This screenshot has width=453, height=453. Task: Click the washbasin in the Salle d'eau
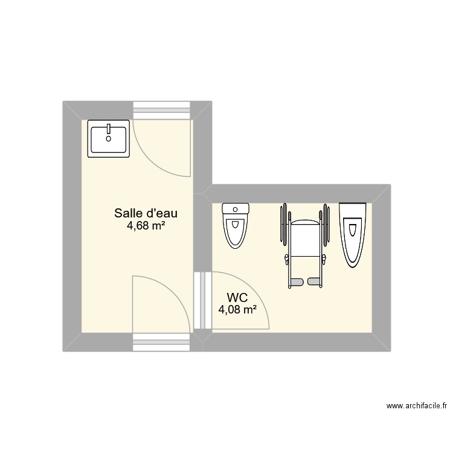click(x=109, y=138)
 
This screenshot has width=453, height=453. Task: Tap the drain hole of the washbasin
click(x=109, y=138)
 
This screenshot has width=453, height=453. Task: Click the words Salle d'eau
click(x=146, y=213)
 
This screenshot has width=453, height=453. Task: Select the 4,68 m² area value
click(x=146, y=226)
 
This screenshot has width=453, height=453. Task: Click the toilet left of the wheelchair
click(x=236, y=226)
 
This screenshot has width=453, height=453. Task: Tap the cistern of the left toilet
click(x=236, y=209)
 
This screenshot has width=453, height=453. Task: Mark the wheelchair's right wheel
click(x=327, y=225)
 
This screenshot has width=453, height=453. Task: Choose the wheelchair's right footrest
click(x=315, y=281)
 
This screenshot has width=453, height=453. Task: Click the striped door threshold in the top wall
click(x=162, y=111)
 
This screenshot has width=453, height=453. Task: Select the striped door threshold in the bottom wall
click(x=162, y=342)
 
